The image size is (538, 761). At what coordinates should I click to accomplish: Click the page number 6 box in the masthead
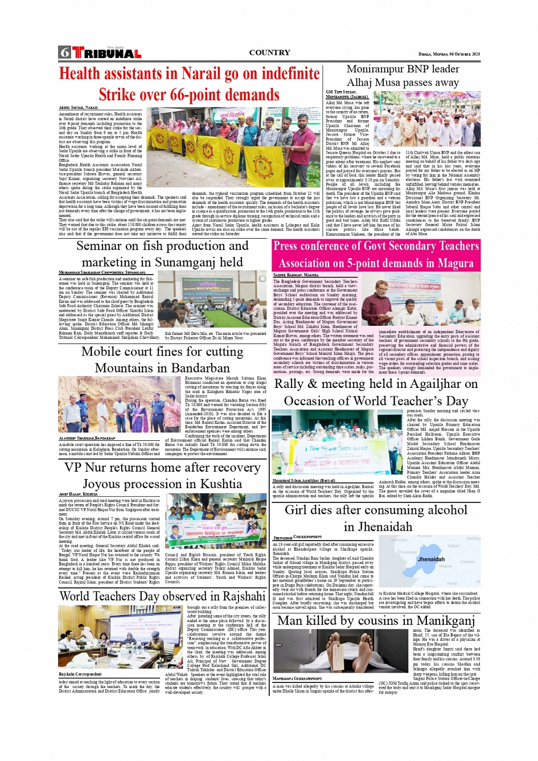point(64,52)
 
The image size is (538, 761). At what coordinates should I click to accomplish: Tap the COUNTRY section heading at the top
point(269,52)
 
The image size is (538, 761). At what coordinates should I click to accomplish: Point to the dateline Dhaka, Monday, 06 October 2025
point(449,54)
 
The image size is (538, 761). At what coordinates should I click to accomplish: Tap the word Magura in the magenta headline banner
point(455,263)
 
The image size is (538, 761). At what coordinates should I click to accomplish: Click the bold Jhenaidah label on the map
point(431,559)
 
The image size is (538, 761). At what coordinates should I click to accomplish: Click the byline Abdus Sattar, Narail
point(78,108)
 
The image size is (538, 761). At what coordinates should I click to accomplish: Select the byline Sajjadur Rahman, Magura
point(295,275)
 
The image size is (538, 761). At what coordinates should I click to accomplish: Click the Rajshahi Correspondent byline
point(80,674)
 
